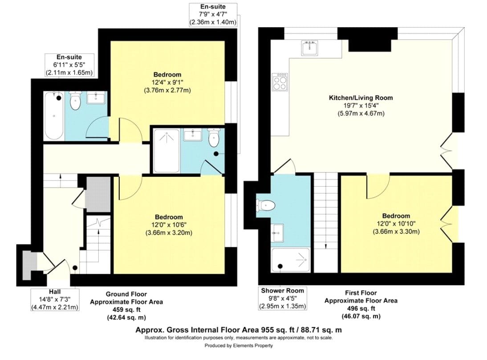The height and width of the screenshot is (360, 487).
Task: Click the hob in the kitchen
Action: (280, 82)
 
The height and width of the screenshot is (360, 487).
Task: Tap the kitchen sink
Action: (309, 48)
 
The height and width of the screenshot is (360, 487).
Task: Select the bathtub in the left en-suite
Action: (54, 116)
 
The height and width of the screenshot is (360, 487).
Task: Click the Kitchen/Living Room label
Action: (361, 98)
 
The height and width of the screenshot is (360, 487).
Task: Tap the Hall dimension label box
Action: (55, 299)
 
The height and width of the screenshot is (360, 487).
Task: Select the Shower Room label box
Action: (282, 298)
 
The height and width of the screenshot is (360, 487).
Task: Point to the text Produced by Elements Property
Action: (239, 345)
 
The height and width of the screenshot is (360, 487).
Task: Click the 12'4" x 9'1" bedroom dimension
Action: (167, 82)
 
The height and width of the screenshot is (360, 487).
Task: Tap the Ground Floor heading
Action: (126, 294)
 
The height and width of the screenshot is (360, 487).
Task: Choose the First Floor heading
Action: (361, 293)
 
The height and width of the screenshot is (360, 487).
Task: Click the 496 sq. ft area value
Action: (361, 308)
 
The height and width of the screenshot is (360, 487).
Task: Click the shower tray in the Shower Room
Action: (290, 260)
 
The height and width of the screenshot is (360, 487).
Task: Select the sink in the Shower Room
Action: (277, 233)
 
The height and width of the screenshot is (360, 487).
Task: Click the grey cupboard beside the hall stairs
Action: (98, 194)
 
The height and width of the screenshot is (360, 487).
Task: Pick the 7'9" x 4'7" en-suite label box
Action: (213, 15)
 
